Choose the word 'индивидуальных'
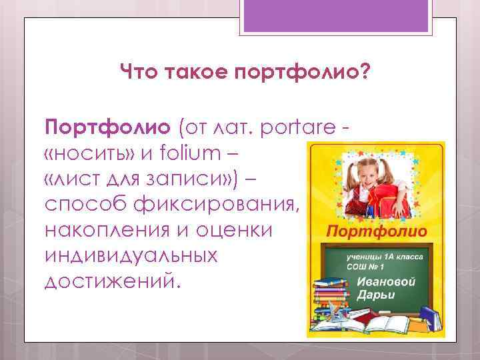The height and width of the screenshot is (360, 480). click(x=131, y=255)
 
